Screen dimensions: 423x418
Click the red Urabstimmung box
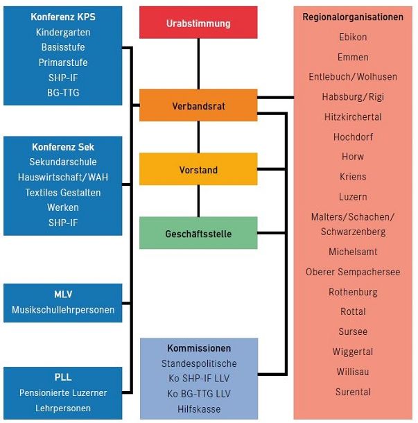198,24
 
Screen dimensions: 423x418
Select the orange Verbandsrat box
198,106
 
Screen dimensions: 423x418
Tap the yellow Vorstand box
198,170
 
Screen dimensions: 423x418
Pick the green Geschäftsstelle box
198,234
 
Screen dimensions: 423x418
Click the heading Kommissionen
199,348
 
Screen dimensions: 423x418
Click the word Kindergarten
63,33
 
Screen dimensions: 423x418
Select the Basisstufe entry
63,48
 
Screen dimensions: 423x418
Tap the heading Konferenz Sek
63,147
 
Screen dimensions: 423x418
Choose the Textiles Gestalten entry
63,192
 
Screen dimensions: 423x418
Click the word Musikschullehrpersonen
63,309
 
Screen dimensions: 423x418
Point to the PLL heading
63,377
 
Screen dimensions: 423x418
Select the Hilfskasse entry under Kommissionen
199,409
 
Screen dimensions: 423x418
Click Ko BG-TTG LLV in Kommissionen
199,394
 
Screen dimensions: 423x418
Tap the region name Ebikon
353,37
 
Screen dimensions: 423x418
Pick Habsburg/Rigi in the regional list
353,96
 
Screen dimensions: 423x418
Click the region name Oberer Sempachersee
353,272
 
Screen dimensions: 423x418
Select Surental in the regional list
353,392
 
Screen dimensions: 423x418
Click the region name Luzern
353,197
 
